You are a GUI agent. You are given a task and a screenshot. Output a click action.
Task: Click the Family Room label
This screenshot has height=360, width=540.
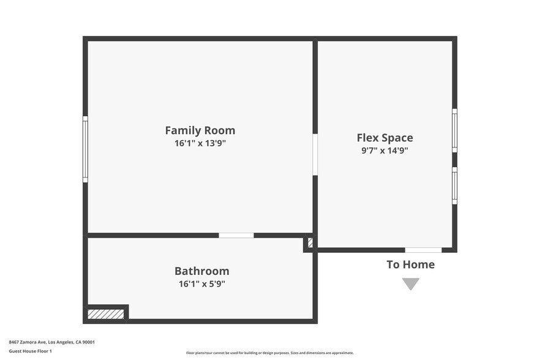(200, 130)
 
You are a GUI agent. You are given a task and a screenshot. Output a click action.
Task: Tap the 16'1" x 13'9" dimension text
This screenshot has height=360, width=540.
(200, 144)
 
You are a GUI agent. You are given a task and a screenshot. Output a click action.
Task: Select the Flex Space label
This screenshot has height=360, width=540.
(384, 138)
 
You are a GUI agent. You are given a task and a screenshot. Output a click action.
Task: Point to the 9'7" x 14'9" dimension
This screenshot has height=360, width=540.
(384, 151)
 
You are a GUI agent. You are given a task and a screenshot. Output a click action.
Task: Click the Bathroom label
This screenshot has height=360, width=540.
(201, 271)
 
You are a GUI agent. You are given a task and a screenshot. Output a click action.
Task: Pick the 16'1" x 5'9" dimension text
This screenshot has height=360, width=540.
(201, 283)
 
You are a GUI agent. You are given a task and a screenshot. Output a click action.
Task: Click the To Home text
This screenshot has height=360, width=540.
(410, 264)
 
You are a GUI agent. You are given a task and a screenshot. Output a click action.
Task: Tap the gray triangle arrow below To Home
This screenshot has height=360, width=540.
(411, 283)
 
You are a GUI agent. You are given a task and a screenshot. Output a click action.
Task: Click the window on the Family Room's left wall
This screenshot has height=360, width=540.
(85, 149)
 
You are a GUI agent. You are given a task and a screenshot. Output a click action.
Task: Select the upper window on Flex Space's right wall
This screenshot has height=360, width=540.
(454, 130)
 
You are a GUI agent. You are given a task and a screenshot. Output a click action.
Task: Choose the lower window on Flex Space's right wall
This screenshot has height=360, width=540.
(454, 186)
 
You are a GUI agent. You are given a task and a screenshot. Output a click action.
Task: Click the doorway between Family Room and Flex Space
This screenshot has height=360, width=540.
(315, 155)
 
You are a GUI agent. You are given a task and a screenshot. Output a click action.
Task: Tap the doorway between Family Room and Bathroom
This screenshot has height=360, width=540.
(236, 235)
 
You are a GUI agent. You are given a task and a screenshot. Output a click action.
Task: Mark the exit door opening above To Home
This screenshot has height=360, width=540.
(423, 250)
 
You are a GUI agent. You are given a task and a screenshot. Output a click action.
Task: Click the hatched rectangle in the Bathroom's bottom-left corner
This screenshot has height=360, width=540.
(106, 314)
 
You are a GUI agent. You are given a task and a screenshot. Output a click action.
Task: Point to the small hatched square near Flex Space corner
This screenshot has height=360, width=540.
(310, 243)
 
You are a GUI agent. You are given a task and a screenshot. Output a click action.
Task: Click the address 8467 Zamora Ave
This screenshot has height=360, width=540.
(28, 342)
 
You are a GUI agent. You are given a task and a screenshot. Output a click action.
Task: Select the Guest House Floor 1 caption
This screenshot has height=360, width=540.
(30, 351)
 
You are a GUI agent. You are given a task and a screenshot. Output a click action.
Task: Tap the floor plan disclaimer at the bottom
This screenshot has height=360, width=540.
(269, 353)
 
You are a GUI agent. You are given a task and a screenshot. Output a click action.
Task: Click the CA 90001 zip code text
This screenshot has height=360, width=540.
(84, 342)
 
